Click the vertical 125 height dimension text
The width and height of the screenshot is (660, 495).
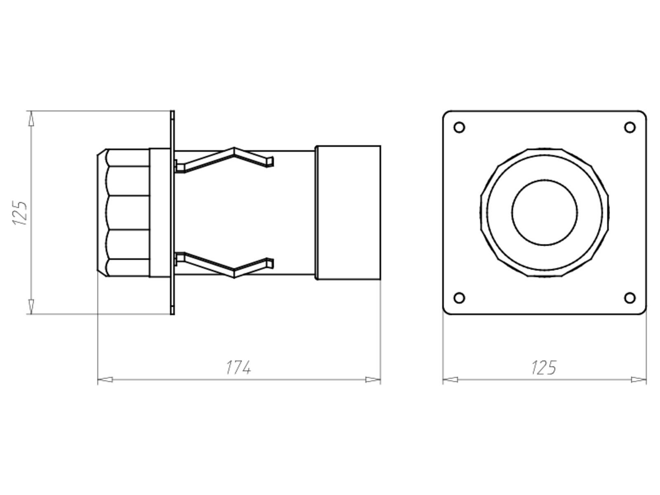(20, 213)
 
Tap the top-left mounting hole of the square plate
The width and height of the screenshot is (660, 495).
(459, 127)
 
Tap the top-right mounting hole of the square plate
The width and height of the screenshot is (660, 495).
(629, 127)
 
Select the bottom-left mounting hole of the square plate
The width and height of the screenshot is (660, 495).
(459, 298)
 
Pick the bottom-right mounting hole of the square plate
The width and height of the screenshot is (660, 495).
(629, 298)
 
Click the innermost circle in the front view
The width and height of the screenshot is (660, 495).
(544, 212)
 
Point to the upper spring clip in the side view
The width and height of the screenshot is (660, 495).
(225, 159)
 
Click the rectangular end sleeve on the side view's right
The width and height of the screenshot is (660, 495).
(348, 213)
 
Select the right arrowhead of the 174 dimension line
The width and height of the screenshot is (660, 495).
(373, 379)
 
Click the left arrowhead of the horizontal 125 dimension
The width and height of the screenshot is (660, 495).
(450, 379)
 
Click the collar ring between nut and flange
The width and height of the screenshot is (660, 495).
(159, 213)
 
